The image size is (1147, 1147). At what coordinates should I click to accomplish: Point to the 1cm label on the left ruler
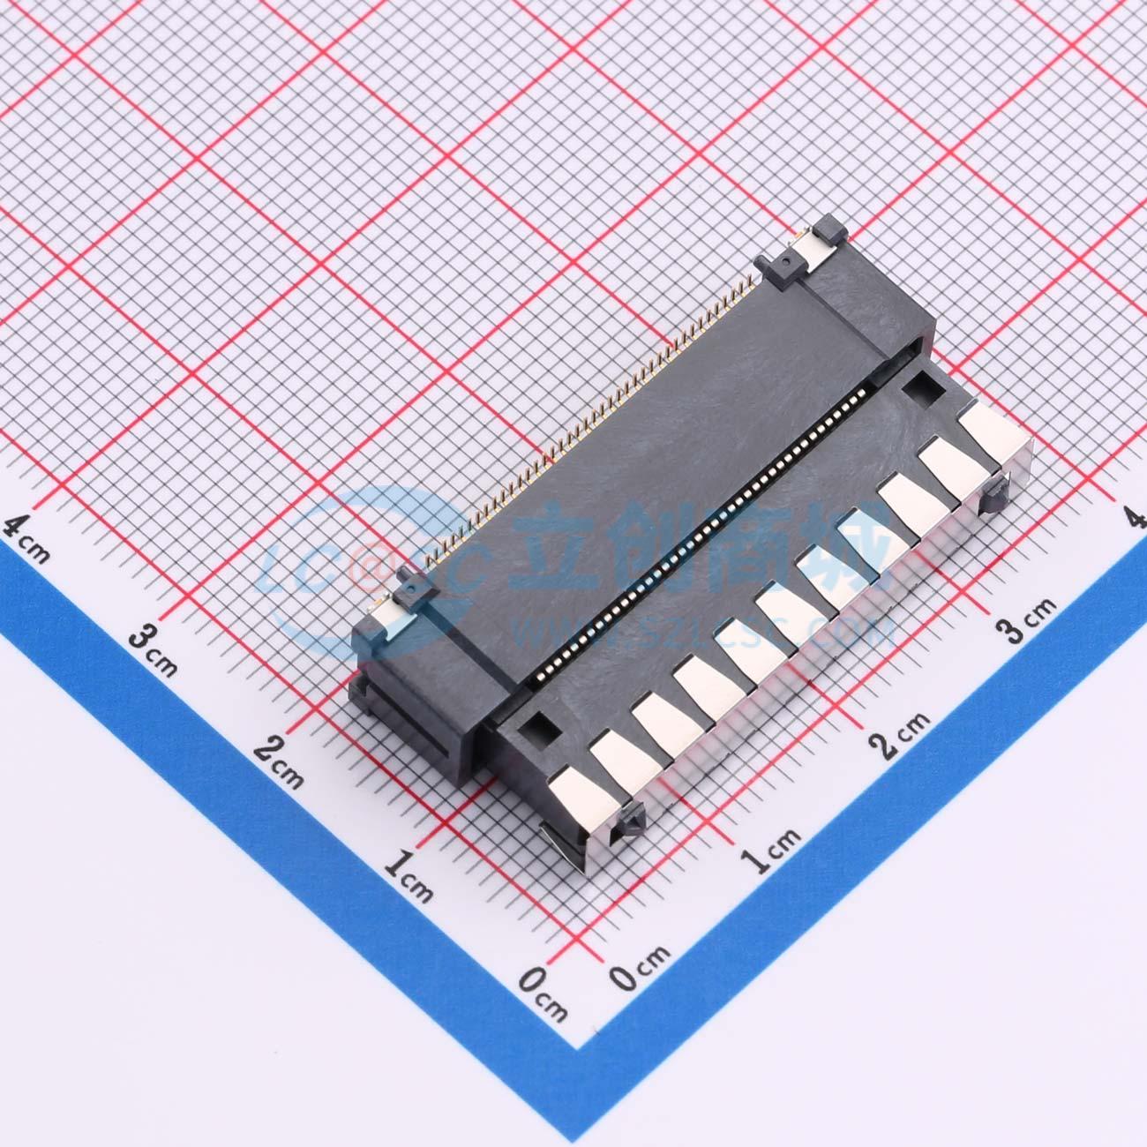(x=409, y=877)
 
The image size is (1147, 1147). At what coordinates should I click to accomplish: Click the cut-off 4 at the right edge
(x=1139, y=519)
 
